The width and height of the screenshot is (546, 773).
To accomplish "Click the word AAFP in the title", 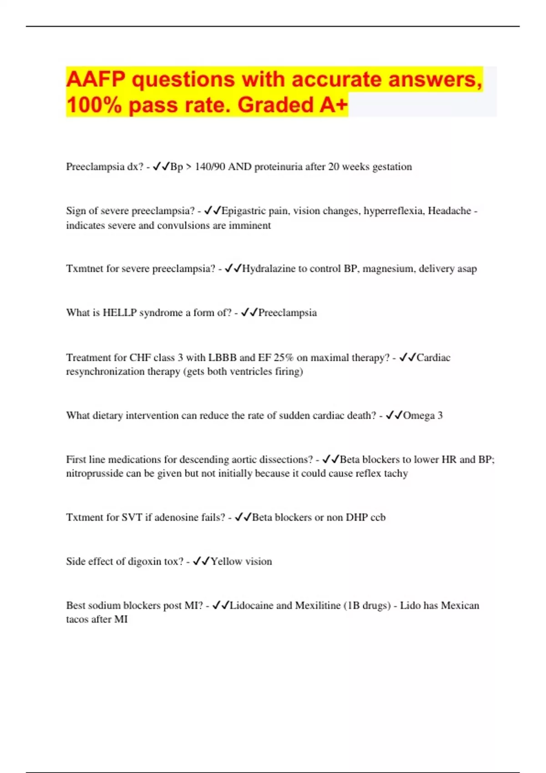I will click(x=96, y=80).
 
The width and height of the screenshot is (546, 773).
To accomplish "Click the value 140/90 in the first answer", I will click(x=210, y=167).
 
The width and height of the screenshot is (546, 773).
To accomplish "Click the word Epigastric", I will click(x=243, y=211).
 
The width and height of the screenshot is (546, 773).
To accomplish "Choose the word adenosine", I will click(x=175, y=517).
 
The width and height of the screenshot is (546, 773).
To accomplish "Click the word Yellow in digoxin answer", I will click(x=226, y=562).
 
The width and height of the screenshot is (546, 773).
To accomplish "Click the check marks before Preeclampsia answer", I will click(x=249, y=312).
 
